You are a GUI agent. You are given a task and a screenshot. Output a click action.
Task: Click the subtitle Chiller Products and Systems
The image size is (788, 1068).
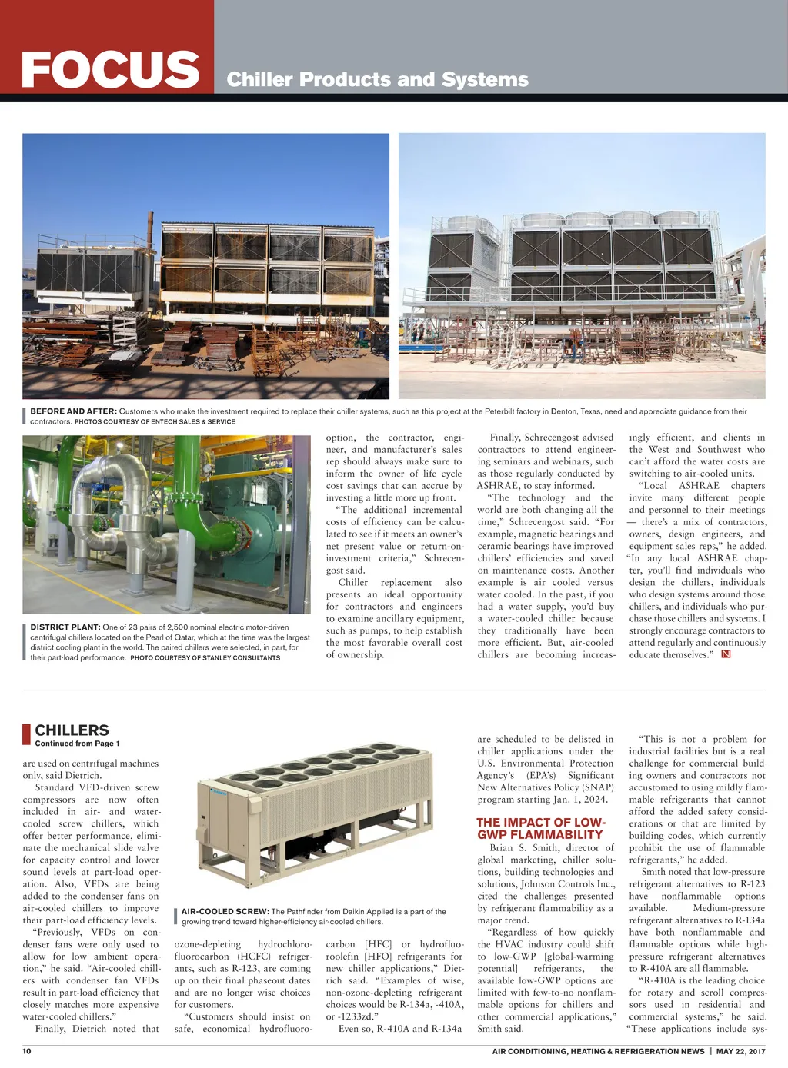[x=377, y=80]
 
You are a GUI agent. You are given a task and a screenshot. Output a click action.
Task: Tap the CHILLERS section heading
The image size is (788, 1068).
[x=72, y=730]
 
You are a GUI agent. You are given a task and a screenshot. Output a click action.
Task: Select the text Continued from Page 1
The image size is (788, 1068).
[x=77, y=744]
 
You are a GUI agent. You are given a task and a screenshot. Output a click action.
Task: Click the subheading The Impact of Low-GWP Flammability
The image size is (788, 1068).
[x=540, y=828]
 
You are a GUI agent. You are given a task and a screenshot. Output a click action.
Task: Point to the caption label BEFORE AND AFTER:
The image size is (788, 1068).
[x=73, y=411]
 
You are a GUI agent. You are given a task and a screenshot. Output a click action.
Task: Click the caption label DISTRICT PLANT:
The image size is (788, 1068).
[x=65, y=627]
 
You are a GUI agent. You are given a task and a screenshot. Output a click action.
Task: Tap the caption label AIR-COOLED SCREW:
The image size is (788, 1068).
[x=225, y=912]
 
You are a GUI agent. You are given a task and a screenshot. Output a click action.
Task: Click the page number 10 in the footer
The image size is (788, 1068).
[x=27, y=1051]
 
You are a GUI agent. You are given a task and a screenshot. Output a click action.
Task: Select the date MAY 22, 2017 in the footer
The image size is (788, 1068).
[x=740, y=1051]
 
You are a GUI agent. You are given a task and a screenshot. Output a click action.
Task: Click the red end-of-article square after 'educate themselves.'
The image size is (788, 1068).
[x=726, y=654]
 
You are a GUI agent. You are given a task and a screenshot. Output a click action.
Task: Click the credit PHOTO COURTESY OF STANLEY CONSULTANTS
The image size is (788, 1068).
[x=205, y=658]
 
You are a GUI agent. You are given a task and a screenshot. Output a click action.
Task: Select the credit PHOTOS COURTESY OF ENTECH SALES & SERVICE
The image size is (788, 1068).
[x=155, y=421]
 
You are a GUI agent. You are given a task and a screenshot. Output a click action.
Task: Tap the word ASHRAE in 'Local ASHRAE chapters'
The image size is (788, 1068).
[x=699, y=485]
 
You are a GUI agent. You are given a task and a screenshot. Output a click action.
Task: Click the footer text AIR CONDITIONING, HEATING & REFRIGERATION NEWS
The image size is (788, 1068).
[x=598, y=1051]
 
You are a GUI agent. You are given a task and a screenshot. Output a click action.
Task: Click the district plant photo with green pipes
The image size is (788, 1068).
[x=167, y=524]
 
